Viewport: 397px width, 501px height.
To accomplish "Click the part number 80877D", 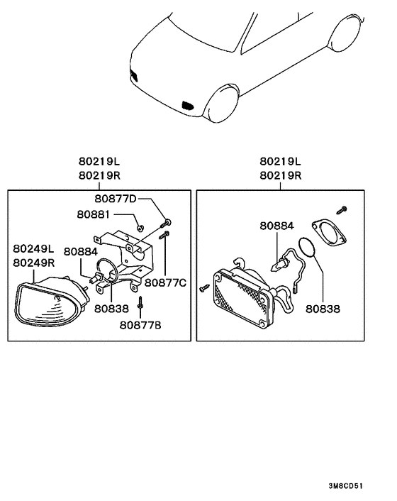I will pyautogui.click(x=116, y=198).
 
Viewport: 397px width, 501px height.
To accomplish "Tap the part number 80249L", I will pyautogui.click(x=33, y=249).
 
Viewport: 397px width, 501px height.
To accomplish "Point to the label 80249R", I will pyautogui.click(x=33, y=262).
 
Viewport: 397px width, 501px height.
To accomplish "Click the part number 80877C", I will pyautogui.click(x=165, y=282).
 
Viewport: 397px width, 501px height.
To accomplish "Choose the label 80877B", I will pyautogui.click(x=140, y=326).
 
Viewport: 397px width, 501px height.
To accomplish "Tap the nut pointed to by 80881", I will pyautogui.click(x=141, y=227).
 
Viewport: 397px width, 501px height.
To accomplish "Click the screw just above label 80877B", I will pyautogui.click(x=141, y=304).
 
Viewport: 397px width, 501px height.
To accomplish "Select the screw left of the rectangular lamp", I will pyautogui.click(x=204, y=287).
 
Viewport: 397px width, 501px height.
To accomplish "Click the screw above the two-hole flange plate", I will pyautogui.click(x=342, y=209).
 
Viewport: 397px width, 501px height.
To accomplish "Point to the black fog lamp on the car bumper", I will pyautogui.click(x=189, y=106).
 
